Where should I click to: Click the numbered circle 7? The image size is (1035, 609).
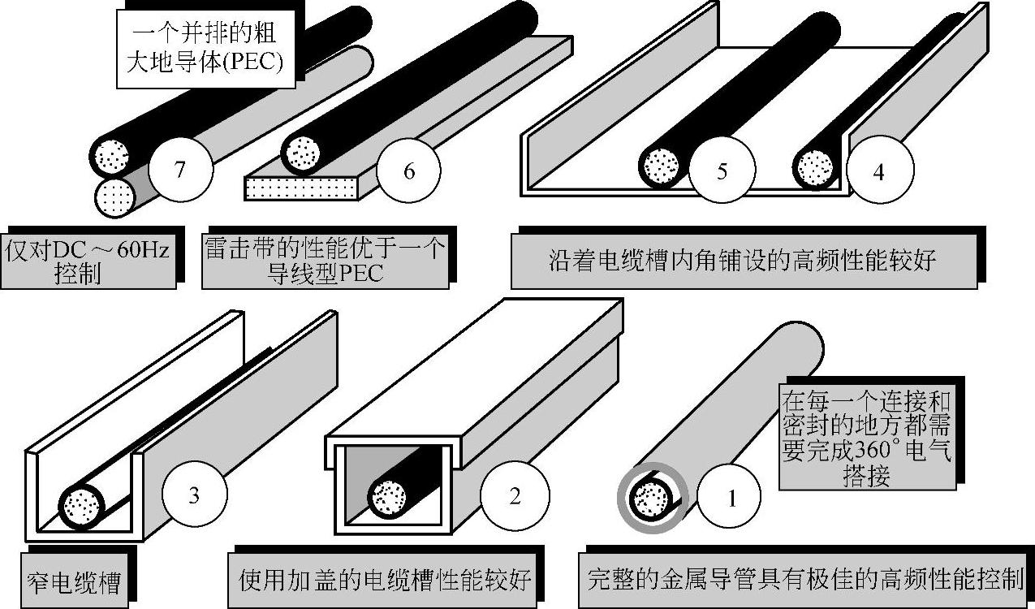coord(181,171)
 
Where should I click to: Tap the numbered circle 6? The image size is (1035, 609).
coord(408,171)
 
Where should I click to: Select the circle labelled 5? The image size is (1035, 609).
coord(722,171)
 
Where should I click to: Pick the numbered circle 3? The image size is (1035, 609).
coord(194,495)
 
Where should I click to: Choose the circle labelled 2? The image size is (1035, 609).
coord(514,496)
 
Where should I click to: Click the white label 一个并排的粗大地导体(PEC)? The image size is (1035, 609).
coord(204,47)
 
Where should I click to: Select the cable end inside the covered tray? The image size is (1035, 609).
coord(388,495)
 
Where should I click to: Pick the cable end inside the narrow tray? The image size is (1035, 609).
coord(81,506)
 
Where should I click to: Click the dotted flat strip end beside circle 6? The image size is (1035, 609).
coord(301,188)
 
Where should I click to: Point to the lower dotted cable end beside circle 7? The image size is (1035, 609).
coord(114,197)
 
